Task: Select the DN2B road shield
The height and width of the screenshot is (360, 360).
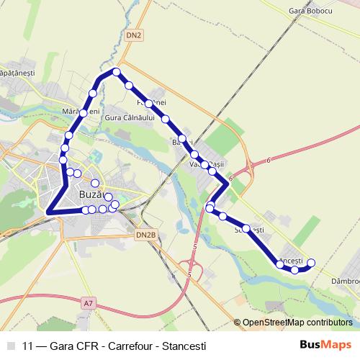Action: click(145, 235)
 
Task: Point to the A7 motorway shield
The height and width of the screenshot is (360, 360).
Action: click(88, 304)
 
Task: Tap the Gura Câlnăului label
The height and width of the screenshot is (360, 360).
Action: click(130, 117)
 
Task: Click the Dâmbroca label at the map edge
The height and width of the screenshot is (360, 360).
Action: click(346, 281)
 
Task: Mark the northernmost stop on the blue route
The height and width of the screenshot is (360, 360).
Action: click(116, 71)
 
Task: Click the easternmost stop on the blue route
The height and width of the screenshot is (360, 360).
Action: click(312, 262)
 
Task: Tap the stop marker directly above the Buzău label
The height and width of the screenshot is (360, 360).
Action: click(94, 182)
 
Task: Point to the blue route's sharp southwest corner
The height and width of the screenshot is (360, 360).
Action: click(49, 211)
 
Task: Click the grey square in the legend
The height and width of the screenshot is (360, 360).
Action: click(10, 345)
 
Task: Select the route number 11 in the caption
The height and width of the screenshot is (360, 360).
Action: click(29, 345)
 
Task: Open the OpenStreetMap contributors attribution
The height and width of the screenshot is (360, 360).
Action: click(297, 323)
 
